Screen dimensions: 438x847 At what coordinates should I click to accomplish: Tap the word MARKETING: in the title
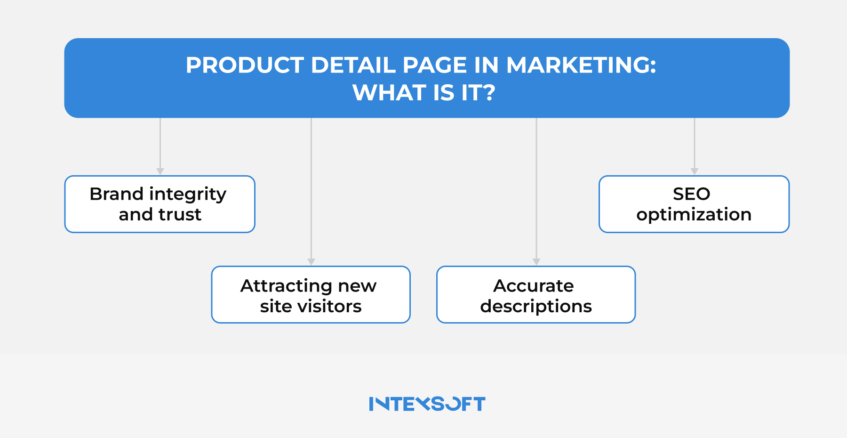click(x=581, y=65)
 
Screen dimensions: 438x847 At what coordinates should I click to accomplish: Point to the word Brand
click(x=116, y=194)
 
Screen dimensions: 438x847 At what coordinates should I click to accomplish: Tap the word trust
click(x=180, y=215)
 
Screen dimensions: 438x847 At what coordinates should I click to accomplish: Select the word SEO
click(x=691, y=194)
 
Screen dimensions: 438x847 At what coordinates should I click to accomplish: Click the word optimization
click(x=694, y=215)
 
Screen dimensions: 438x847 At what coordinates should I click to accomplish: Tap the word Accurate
click(x=534, y=286)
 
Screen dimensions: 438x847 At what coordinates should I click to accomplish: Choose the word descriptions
click(x=536, y=307)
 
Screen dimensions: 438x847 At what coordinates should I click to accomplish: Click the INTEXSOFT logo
click(x=427, y=404)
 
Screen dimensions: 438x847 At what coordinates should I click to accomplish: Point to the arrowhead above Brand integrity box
click(x=160, y=171)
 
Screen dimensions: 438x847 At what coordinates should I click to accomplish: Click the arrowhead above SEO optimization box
click(x=694, y=171)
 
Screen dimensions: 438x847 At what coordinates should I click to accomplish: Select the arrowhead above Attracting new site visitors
click(x=311, y=262)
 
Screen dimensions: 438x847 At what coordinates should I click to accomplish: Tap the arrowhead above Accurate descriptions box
click(x=536, y=262)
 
